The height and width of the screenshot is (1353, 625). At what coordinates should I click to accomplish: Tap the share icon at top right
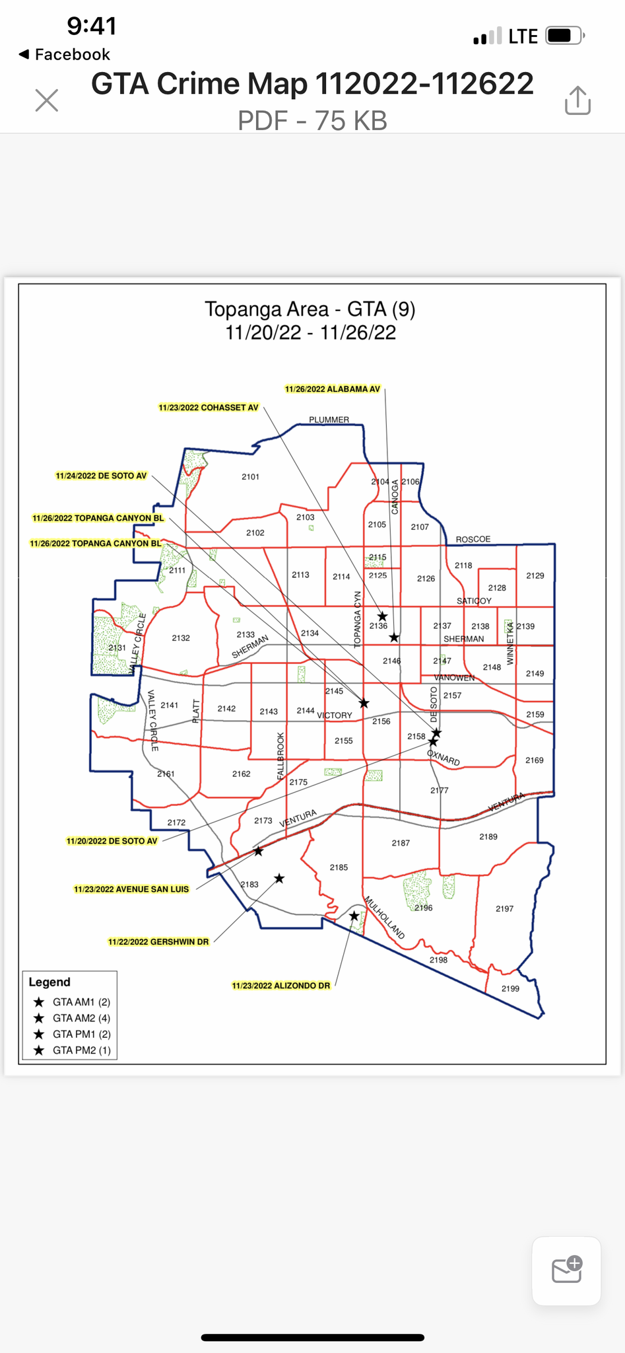[x=577, y=100]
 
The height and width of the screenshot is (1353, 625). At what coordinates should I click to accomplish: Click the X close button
[x=47, y=100]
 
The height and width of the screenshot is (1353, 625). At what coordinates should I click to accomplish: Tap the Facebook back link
[x=65, y=54]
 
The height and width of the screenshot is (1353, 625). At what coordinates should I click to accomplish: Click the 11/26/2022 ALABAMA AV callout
[x=332, y=389]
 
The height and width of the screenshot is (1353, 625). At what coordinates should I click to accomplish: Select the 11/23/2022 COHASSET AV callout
[x=209, y=408]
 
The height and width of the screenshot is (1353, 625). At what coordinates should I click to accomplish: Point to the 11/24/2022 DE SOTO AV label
[x=101, y=476]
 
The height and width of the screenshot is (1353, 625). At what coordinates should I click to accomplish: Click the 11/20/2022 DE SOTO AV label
[x=112, y=841]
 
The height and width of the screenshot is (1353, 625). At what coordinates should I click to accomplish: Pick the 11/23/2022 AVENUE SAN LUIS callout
[x=131, y=889]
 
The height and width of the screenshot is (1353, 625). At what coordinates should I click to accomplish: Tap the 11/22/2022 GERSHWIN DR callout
[x=158, y=941]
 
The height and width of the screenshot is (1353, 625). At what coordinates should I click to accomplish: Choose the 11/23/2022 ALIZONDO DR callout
[x=280, y=986]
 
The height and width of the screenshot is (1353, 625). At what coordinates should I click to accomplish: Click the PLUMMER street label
[x=329, y=420]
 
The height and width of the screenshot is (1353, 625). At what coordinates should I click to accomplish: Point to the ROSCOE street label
[x=473, y=539]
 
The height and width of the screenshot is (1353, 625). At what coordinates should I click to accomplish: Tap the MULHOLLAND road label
[x=384, y=918]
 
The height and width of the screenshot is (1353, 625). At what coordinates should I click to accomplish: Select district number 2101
[x=250, y=476]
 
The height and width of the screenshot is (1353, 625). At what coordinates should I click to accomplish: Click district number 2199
[x=510, y=988]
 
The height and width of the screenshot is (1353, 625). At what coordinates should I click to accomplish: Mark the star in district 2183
[x=279, y=879]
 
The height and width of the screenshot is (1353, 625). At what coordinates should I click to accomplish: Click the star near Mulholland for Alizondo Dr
[x=354, y=916]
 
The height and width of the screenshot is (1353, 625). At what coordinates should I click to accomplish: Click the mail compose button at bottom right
[x=566, y=1270]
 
